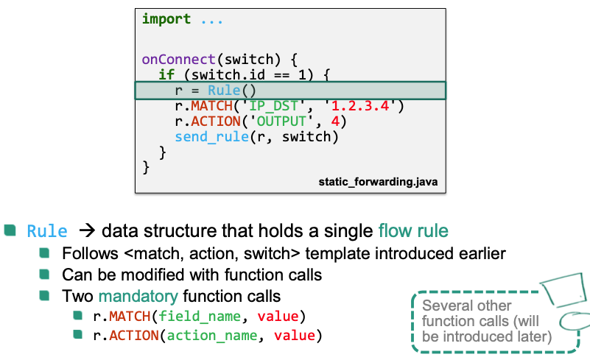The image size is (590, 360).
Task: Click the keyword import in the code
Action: point(166,19)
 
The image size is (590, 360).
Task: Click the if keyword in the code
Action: point(166,74)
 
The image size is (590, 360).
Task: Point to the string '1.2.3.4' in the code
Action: point(364,106)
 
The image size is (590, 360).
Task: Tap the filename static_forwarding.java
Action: point(379,180)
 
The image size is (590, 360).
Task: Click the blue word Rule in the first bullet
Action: point(47,231)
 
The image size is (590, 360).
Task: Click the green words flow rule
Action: point(412,231)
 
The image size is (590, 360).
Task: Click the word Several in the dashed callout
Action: point(445,305)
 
